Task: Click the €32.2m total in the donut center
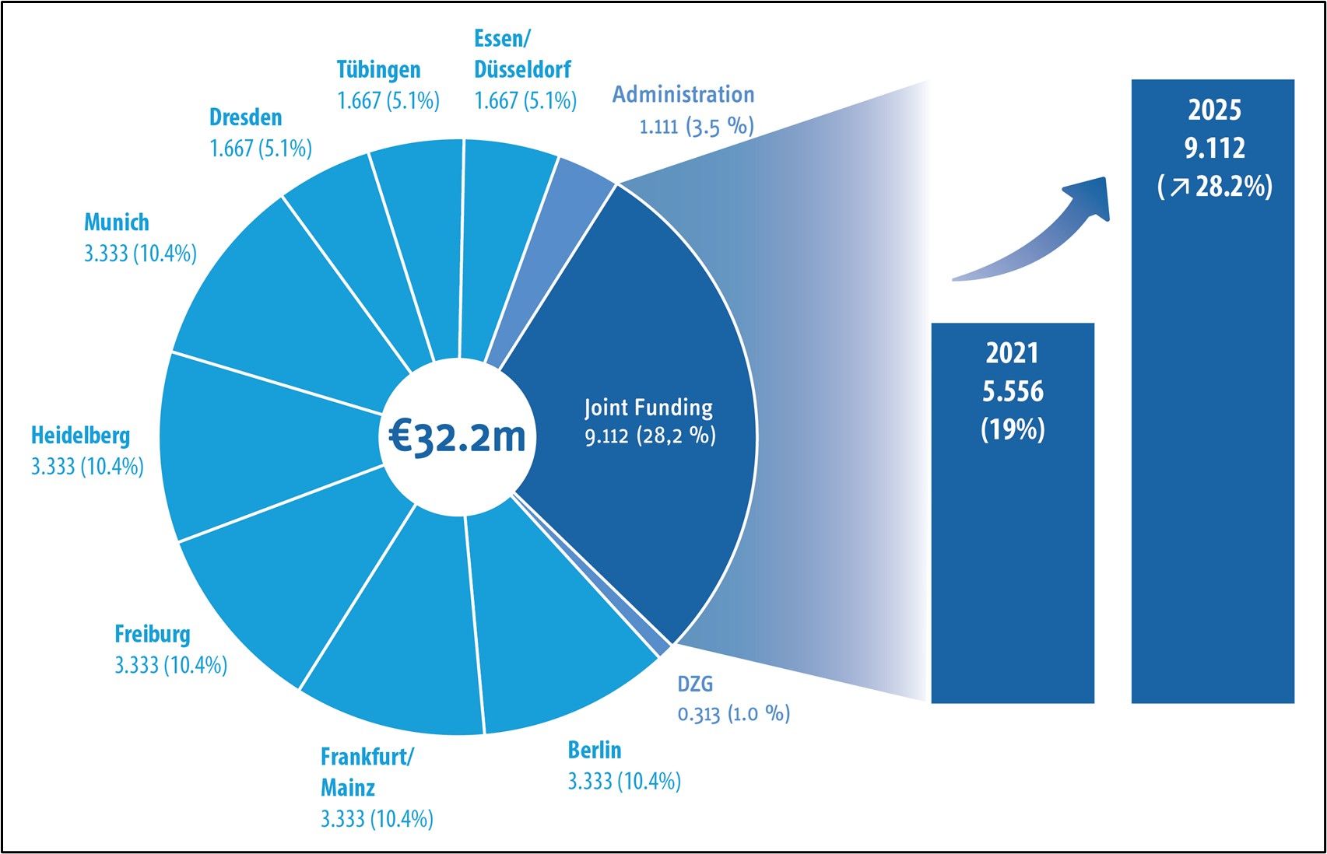pyautogui.click(x=457, y=437)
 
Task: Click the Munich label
pyautogui.click(x=117, y=222)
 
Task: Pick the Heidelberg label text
pyautogui.click(x=80, y=436)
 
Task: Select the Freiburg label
pyautogui.click(x=153, y=634)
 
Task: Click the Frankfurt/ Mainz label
pyautogui.click(x=366, y=772)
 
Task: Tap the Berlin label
pyautogui.click(x=595, y=750)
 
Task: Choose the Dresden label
pyautogui.click(x=245, y=117)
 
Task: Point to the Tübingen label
pyautogui.click(x=378, y=69)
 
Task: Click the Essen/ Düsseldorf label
pyautogui.click(x=521, y=54)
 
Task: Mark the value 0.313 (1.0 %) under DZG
pyautogui.click(x=733, y=713)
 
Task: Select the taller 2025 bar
pyautogui.click(x=1213, y=467)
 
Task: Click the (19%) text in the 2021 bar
pyautogui.click(x=1013, y=429)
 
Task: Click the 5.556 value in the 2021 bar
pyautogui.click(x=1013, y=391)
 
